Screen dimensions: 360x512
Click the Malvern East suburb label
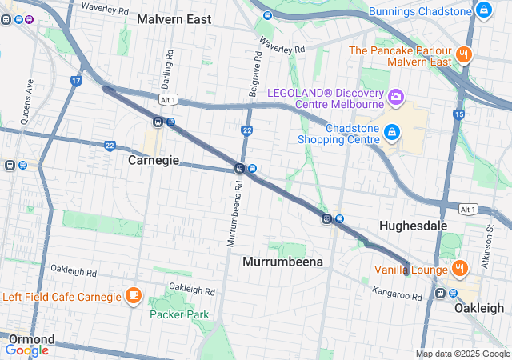point(174,19)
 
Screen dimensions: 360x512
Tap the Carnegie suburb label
point(154,161)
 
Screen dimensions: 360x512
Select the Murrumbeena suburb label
point(282,262)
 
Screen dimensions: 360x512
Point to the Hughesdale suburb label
point(413,226)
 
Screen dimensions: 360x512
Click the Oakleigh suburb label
point(479,308)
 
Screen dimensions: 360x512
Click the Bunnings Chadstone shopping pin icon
point(483,10)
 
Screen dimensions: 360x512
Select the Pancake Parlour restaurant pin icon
point(463,54)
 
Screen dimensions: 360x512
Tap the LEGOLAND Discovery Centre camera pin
point(394,98)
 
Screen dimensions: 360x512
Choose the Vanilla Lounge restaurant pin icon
point(459,269)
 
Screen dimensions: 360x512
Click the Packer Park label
point(179,314)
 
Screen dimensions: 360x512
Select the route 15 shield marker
point(458,115)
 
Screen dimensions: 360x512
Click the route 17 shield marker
point(76,81)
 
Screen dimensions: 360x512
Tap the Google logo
point(26,350)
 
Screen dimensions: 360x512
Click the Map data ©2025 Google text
point(462,354)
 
